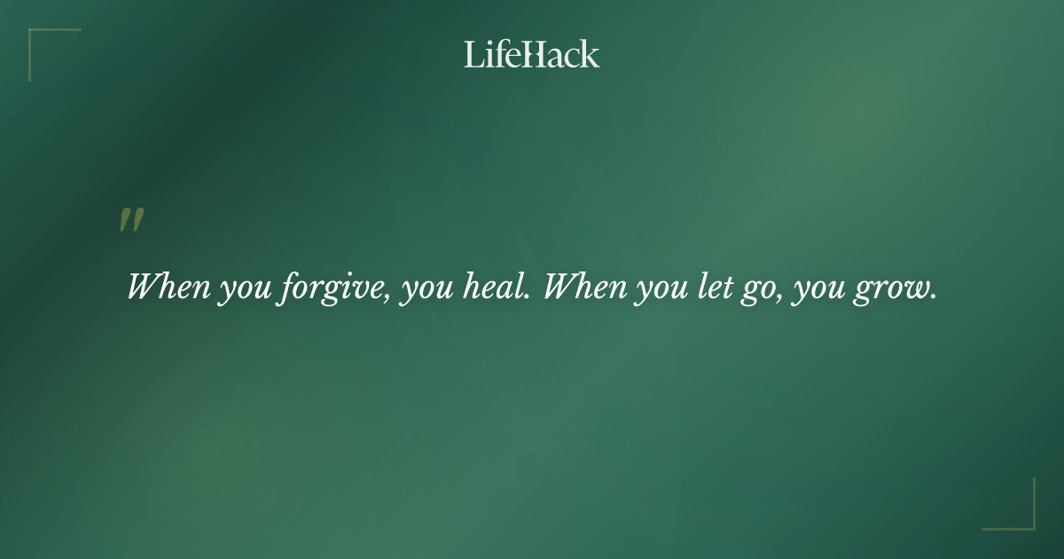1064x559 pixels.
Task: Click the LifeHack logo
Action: coord(532,54)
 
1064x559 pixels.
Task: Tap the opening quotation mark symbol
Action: coord(131,221)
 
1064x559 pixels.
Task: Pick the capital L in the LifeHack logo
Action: coord(472,54)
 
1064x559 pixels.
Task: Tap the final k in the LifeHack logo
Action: coord(589,54)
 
